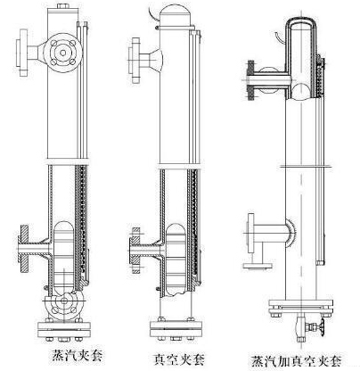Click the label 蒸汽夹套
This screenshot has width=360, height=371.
[78, 355]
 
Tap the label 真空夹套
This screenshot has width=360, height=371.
[179, 359]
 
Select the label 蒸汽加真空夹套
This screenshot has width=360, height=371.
[296, 361]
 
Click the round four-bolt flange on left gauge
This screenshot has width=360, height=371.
[63, 53]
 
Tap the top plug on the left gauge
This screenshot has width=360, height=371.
[62, 6]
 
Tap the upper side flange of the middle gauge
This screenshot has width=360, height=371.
[135, 60]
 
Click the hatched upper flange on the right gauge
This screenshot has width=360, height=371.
[251, 80]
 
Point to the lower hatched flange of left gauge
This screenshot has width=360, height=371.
[23, 248]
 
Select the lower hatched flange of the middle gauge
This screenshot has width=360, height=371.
[135, 251]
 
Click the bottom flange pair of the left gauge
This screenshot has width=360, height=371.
[64, 329]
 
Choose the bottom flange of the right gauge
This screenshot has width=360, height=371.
[301, 308]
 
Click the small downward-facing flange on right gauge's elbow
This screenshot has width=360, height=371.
[258, 266]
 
